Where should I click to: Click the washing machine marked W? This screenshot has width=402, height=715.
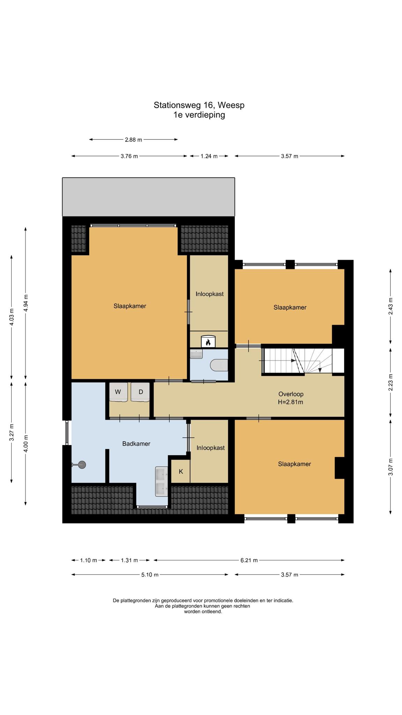point(118,392)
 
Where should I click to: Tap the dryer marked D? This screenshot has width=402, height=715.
point(140,392)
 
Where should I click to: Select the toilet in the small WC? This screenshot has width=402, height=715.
point(219,365)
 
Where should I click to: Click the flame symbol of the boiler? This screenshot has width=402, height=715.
point(208,342)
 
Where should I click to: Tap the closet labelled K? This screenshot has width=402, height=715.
point(181,471)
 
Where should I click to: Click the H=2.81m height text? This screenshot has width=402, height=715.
point(290,402)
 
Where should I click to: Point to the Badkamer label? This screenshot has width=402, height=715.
point(136,444)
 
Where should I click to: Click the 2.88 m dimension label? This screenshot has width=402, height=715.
point(134,140)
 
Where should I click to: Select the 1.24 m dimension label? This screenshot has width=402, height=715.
point(209,156)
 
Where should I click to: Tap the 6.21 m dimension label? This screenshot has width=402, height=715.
point(249,560)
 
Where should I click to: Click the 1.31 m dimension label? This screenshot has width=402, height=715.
point(129,560)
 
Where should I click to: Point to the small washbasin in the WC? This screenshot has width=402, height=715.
point(196,354)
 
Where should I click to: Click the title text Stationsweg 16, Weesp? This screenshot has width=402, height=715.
point(199,105)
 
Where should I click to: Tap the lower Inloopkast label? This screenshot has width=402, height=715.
point(210,448)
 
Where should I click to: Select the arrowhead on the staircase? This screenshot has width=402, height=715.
point(320,370)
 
